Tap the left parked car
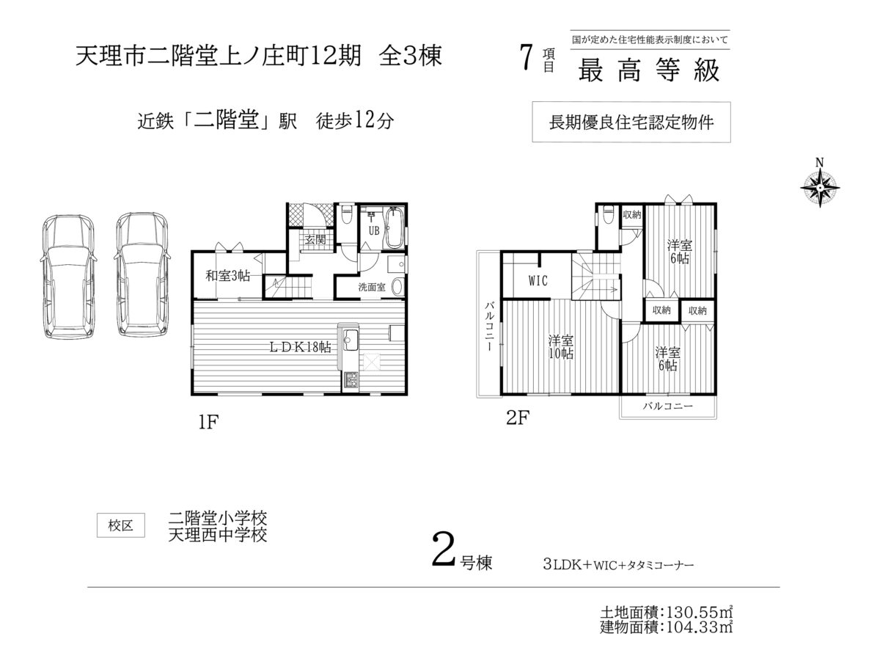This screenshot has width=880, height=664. [x=68, y=277]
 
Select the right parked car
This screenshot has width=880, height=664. [x=143, y=274]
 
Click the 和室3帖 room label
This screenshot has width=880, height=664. [x=228, y=276]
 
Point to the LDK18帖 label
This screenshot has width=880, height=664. [x=301, y=347]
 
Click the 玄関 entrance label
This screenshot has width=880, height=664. [x=315, y=240]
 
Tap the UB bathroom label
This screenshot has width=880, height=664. [x=374, y=231]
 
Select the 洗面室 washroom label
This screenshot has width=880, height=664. [x=372, y=287]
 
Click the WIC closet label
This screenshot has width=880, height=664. [x=538, y=281]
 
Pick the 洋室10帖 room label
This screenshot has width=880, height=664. [x=561, y=347]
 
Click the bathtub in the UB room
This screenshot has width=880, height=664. [x=395, y=227]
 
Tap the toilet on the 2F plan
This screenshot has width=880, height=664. [x=608, y=216]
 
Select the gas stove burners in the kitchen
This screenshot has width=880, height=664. [x=351, y=380]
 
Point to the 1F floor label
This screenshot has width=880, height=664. [x=208, y=422]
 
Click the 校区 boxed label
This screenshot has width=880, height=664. [x=121, y=525]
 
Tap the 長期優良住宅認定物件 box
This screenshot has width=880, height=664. [x=631, y=122]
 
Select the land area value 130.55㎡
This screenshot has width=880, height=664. [x=699, y=613]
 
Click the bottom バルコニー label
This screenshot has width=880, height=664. [x=668, y=406]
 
